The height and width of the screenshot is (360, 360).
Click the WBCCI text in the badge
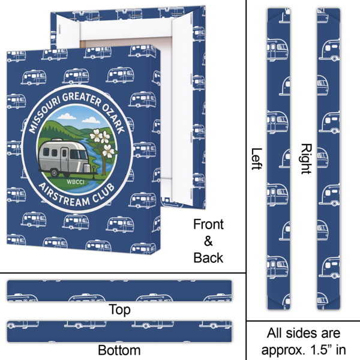click(x=76, y=182)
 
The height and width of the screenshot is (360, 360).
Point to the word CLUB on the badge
click(x=104, y=193)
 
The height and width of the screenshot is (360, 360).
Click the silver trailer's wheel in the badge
click(x=55, y=173)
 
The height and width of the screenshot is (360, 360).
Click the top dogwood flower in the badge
click(x=96, y=136)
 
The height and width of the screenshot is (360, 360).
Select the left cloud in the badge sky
click(x=67, y=116)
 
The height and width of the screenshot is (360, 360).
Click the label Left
click(x=256, y=158)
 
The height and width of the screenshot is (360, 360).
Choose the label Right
click(x=306, y=158)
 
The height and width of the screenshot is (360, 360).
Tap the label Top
click(x=119, y=310)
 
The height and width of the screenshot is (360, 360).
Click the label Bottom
click(x=119, y=350)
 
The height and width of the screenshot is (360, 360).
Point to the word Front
click(x=208, y=224)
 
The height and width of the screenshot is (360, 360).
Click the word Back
click(x=208, y=258)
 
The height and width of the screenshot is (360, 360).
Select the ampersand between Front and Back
click(x=208, y=241)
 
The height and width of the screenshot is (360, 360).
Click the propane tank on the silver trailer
click(x=86, y=168)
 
